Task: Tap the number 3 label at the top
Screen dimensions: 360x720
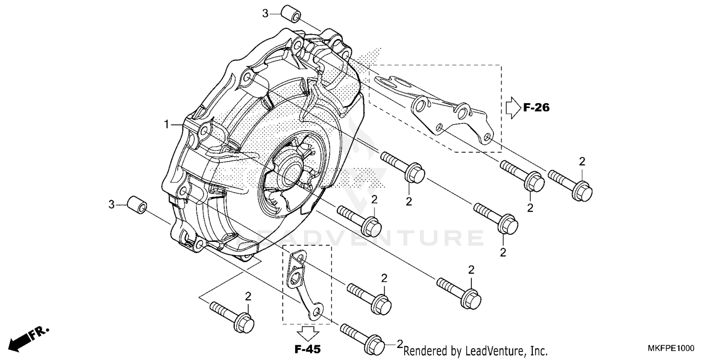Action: (x=265, y=13)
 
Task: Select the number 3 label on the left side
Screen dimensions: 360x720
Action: (x=111, y=205)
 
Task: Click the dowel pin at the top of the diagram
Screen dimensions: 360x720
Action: (x=290, y=14)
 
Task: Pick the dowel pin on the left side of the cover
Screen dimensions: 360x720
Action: (x=136, y=205)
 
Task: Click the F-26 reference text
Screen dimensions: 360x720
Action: (x=536, y=108)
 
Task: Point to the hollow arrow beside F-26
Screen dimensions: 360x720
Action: (x=513, y=108)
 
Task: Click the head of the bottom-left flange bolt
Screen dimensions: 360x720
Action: (x=243, y=323)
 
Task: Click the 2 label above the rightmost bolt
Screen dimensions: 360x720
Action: (x=582, y=161)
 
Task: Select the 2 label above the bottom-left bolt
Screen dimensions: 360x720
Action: (x=248, y=296)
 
